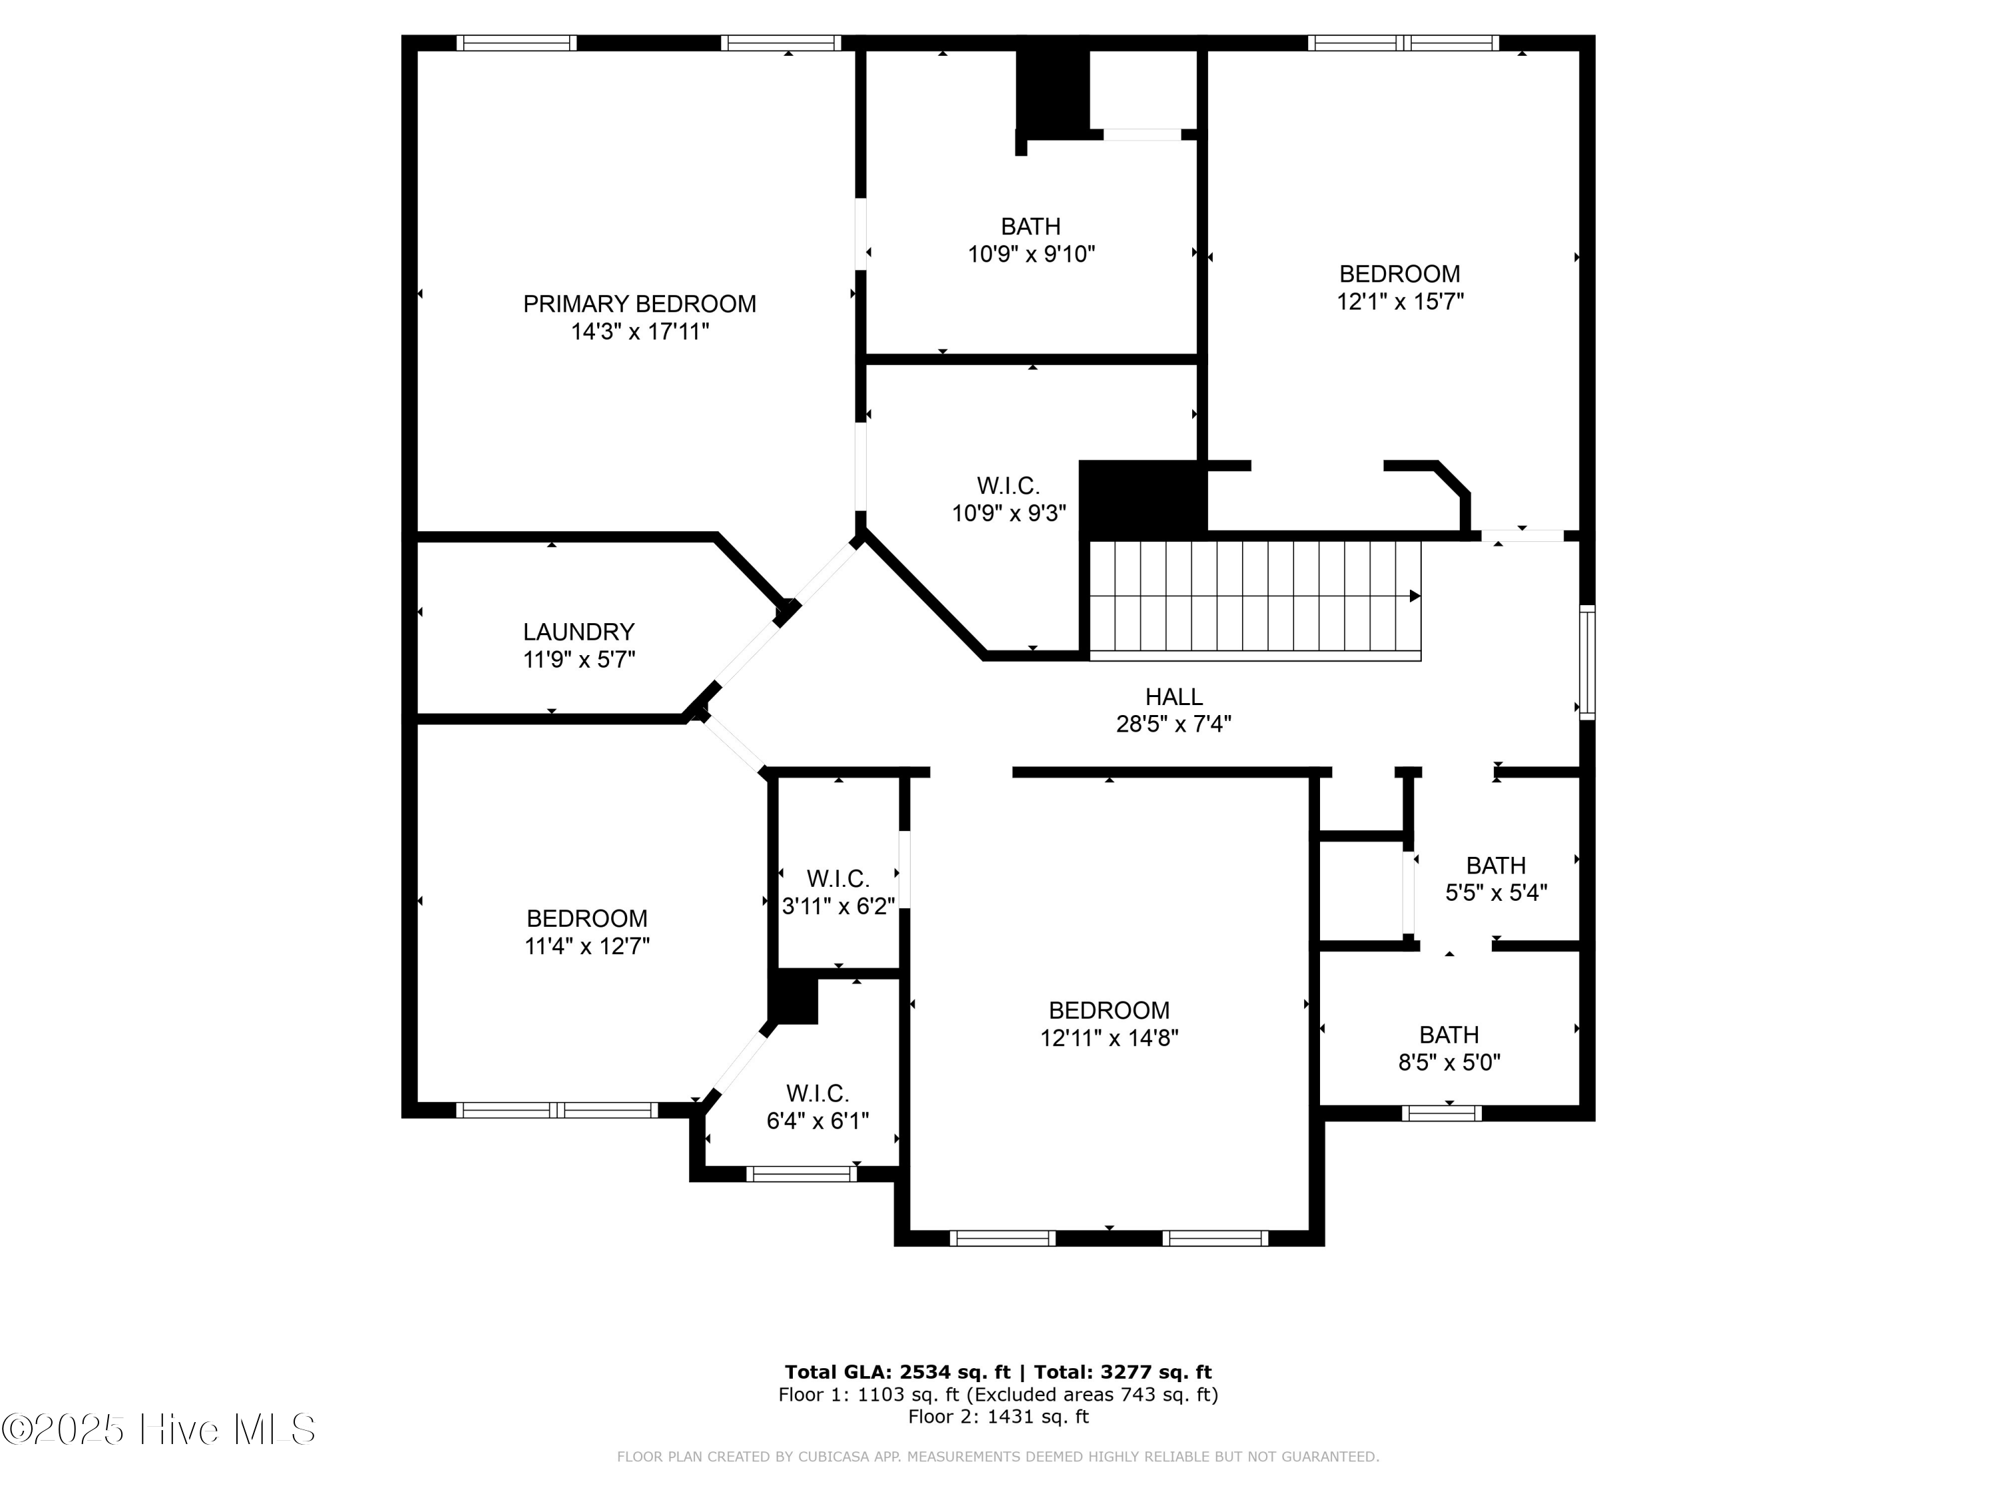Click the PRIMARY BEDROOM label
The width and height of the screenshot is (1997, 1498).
[639, 304]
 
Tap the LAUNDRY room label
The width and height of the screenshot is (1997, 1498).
[578, 632]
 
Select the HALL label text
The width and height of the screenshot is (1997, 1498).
[1174, 697]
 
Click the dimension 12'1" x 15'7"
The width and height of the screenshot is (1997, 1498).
[1399, 302]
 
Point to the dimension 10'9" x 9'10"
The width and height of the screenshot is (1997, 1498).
[1031, 254]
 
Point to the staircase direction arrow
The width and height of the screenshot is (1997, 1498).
[1415, 596]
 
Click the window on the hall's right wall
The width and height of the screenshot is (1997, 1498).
[1586, 662]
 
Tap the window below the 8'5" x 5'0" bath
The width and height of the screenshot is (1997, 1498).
[1442, 1113]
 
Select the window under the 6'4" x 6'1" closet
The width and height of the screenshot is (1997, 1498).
[801, 1174]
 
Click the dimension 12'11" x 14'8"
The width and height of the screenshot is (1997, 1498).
[1108, 1039]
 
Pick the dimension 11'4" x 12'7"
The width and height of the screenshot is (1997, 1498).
[587, 946]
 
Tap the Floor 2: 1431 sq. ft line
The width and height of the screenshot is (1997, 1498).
[998, 1416]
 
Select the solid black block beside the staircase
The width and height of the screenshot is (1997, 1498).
[1142, 499]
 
